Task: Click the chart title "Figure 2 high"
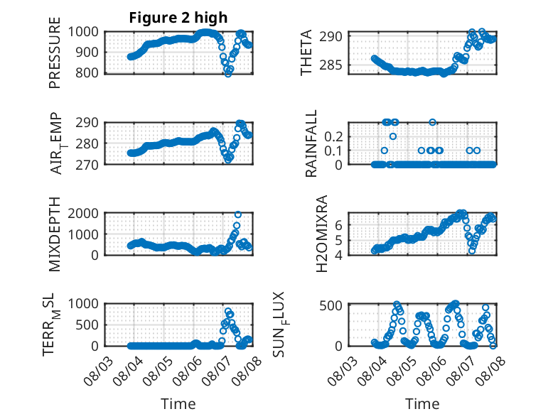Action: click(x=178, y=18)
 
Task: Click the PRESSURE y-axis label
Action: click(x=55, y=53)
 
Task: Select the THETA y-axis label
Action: click(x=306, y=53)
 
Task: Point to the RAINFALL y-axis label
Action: click(x=311, y=143)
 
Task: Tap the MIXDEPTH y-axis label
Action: click(x=55, y=234)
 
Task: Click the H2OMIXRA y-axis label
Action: click(x=322, y=234)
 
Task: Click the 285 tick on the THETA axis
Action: click(x=330, y=65)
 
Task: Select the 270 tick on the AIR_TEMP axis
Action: click(x=87, y=165)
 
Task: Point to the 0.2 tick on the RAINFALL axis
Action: click(x=333, y=137)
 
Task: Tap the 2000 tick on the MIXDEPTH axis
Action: click(x=83, y=213)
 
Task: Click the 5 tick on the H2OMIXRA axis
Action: click(x=338, y=241)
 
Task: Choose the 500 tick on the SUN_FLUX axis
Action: click(x=331, y=305)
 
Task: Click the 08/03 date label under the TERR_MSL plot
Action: click(x=98, y=371)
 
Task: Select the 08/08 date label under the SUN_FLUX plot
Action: click(x=490, y=371)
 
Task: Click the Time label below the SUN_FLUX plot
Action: click(x=422, y=404)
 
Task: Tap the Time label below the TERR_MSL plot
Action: click(x=178, y=404)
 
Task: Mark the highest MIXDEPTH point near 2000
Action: click(x=238, y=214)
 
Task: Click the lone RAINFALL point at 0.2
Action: click(x=393, y=136)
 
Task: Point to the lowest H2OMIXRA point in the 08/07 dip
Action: click(x=472, y=251)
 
